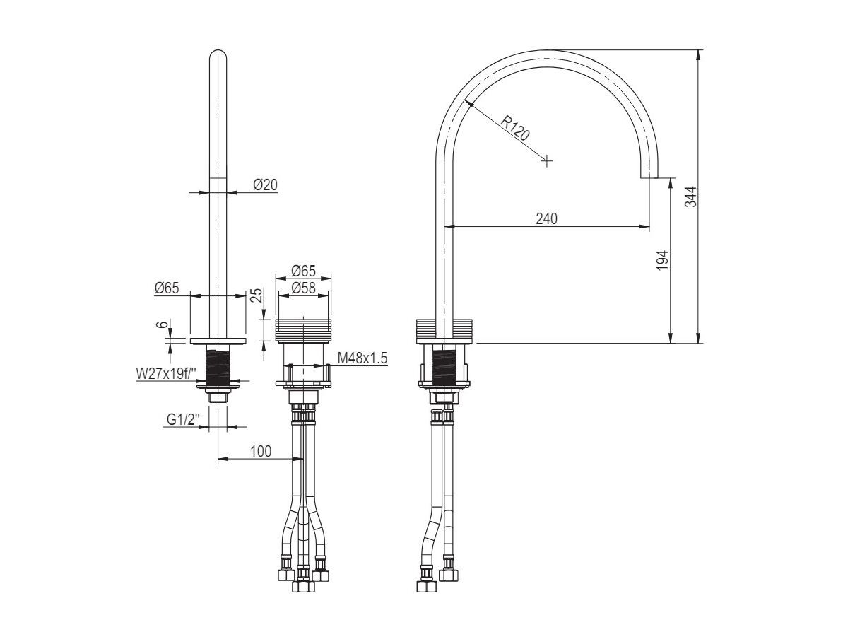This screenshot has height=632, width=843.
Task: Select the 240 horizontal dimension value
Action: click(546, 218)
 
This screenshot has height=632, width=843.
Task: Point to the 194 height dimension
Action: click(662, 261)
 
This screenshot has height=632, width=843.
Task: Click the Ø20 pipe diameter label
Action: click(265, 185)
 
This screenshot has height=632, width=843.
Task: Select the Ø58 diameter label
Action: click(303, 288)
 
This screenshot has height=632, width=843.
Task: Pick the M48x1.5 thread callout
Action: click(362, 358)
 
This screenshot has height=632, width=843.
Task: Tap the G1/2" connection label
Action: click(182, 419)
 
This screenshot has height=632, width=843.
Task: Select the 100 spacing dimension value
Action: click(260, 452)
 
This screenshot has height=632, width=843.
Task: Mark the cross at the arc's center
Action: click(546, 161)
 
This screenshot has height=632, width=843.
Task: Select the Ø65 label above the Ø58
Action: click(303, 271)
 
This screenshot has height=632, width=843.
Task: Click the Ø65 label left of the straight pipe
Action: click(167, 288)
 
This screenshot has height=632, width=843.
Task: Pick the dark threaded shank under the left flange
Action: click(218, 365)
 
